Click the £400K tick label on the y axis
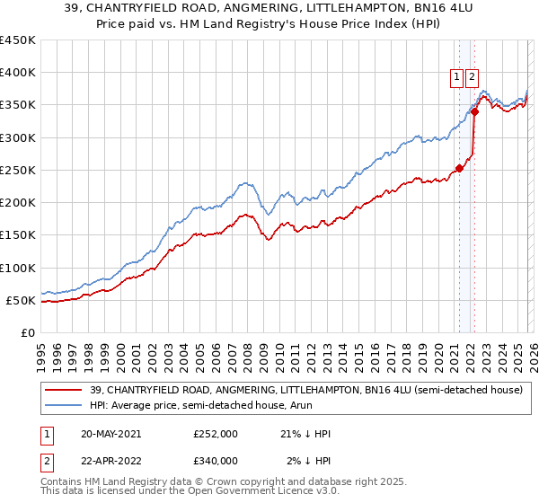(x=18, y=73)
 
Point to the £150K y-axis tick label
(x=18, y=235)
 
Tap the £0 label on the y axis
(x=27, y=333)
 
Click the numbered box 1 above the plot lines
(x=457, y=78)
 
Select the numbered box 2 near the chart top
(x=473, y=78)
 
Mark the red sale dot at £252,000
(x=459, y=168)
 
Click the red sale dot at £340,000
(x=474, y=111)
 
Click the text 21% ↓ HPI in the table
(x=305, y=434)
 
